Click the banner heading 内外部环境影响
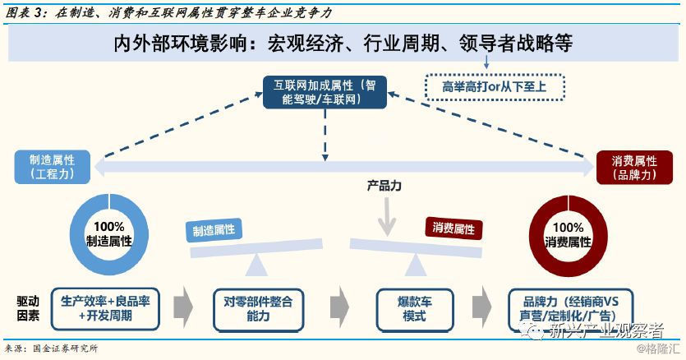[343, 44]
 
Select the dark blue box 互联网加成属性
[325, 91]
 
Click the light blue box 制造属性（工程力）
[51, 167]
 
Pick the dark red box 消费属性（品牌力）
[633, 167]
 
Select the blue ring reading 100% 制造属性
[108, 233]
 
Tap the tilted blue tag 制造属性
[214, 232]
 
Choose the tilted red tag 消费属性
[453, 228]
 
